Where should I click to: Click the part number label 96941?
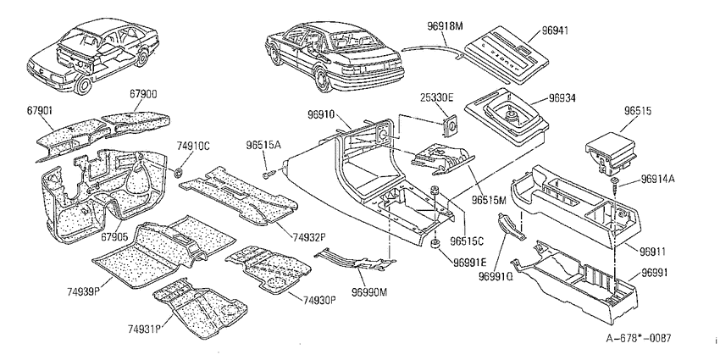click(x=555, y=30)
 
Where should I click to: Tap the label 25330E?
click(x=437, y=97)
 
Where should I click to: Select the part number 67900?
click(x=143, y=94)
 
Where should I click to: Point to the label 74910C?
click(x=193, y=147)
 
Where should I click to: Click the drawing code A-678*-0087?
click(x=639, y=339)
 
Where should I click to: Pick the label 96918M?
click(x=445, y=26)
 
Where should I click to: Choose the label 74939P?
click(x=84, y=292)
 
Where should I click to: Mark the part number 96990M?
click(x=370, y=292)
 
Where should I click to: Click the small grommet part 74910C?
click(x=179, y=173)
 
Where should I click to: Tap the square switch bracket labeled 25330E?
click(x=450, y=125)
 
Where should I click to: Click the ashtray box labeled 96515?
click(x=610, y=152)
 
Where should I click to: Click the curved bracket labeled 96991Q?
click(x=510, y=226)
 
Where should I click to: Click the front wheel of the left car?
click(x=82, y=85)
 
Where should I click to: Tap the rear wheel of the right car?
click(x=324, y=78)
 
